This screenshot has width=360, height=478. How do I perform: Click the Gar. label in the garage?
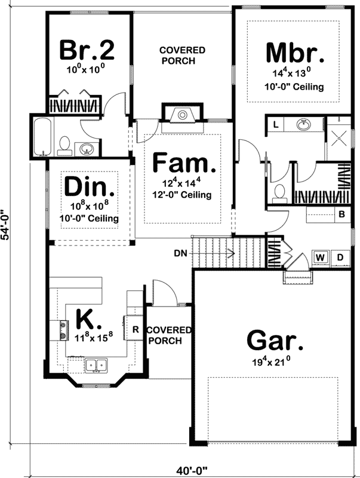tap(274, 341)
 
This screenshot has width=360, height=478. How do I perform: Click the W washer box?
tap(321, 258)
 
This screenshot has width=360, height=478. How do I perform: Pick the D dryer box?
tap(340, 258)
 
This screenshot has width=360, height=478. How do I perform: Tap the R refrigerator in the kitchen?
tap(135, 329)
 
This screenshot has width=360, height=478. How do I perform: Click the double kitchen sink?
tap(95, 364)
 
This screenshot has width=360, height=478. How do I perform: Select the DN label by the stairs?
tap(181, 253)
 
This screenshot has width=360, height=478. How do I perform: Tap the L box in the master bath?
tap(276, 124)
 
